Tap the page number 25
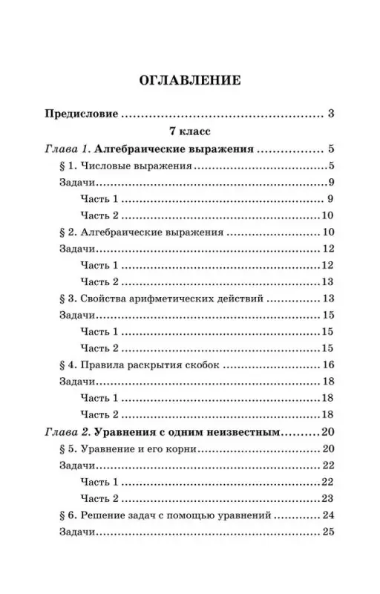pos(330,532)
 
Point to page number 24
pos(330,515)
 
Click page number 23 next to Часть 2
pos(330,498)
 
